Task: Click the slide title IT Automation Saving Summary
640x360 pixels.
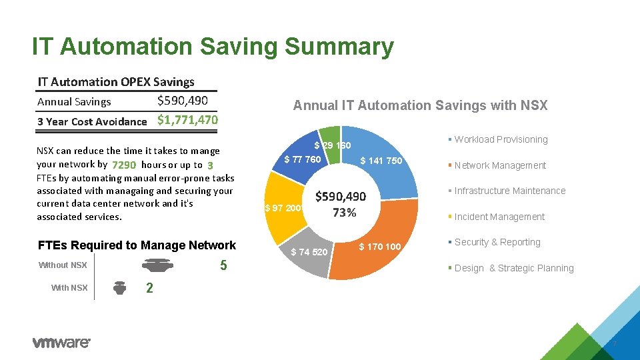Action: [x=213, y=47]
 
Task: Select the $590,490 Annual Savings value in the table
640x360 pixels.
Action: [x=183, y=101]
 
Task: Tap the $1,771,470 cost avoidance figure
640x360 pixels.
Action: [x=187, y=121]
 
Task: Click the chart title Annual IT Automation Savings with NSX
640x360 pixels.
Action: [x=420, y=105]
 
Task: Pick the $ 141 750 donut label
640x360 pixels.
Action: [x=381, y=161]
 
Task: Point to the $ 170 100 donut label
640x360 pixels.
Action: [x=379, y=247]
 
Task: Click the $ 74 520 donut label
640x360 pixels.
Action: [x=309, y=252]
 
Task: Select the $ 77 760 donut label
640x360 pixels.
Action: [x=303, y=159]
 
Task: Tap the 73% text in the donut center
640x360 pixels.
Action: [x=344, y=213]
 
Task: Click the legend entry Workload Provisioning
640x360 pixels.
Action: [x=501, y=139]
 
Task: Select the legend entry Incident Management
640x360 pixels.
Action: [x=499, y=217]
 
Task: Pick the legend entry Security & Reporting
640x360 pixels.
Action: [x=497, y=242]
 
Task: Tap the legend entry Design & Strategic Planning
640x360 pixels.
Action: [x=513, y=268]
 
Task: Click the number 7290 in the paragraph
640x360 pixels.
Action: [x=125, y=165]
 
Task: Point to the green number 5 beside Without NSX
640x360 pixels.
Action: [x=223, y=266]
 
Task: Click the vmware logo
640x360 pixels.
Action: [x=61, y=343]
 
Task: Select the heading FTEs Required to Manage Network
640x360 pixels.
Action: [x=137, y=245]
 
